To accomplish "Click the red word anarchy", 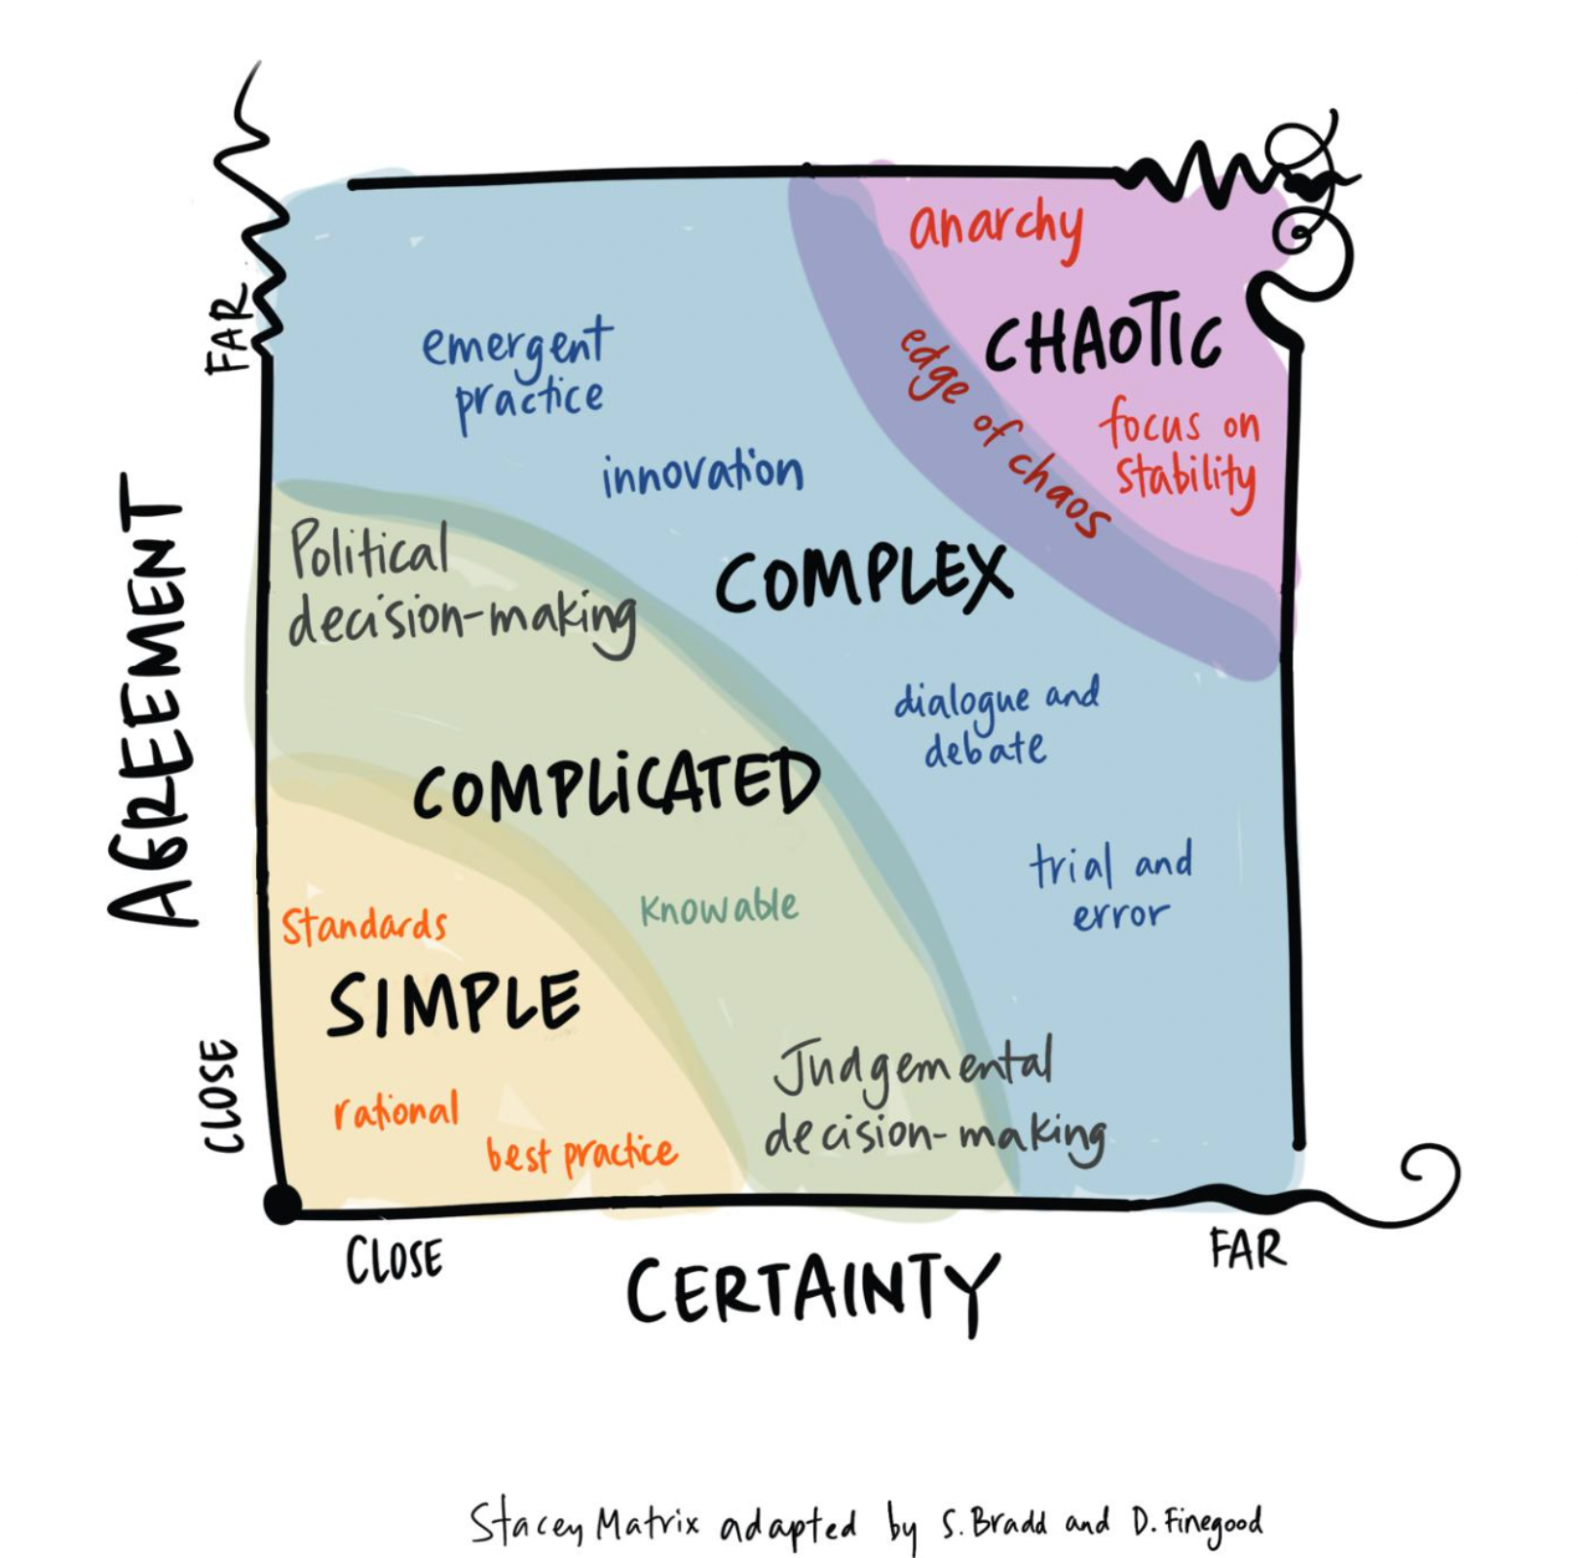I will (996, 228).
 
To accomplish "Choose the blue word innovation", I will (702, 474).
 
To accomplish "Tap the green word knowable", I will (719, 909).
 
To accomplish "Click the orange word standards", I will (364, 925).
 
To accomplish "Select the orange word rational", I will (395, 1110).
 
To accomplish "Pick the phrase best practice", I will (582, 1154).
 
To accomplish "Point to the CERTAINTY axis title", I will (812, 1291).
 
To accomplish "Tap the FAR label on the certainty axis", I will (1247, 1248).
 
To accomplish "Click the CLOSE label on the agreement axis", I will (220, 1096).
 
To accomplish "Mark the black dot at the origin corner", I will (282, 1204).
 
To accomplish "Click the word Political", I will (370, 550).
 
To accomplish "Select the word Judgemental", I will (913, 1068).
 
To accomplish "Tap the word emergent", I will (517, 343).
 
